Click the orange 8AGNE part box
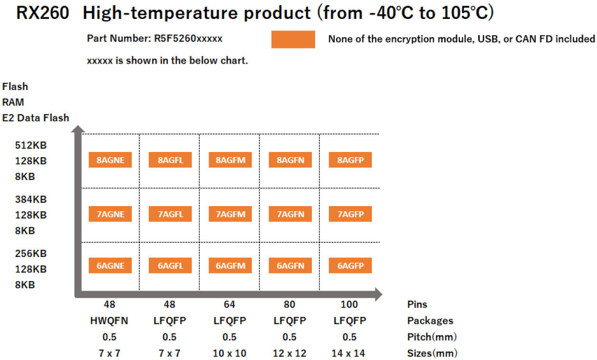[110, 160]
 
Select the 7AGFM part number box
[231, 214]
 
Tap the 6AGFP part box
[350, 266]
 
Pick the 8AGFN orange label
[290, 160]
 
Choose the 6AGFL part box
[170, 266]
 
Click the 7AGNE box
[110, 214]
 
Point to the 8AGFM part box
[231, 160]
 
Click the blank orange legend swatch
[293, 39]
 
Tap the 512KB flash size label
[31, 145]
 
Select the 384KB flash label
[31, 199]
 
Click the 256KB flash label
[31, 253]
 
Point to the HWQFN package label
[109, 321]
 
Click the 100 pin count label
[349, 304]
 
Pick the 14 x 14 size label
[349, 353]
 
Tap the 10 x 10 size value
[230, 353]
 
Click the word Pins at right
[417, 304]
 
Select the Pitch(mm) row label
[432, 337]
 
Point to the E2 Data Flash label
[36, 118]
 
